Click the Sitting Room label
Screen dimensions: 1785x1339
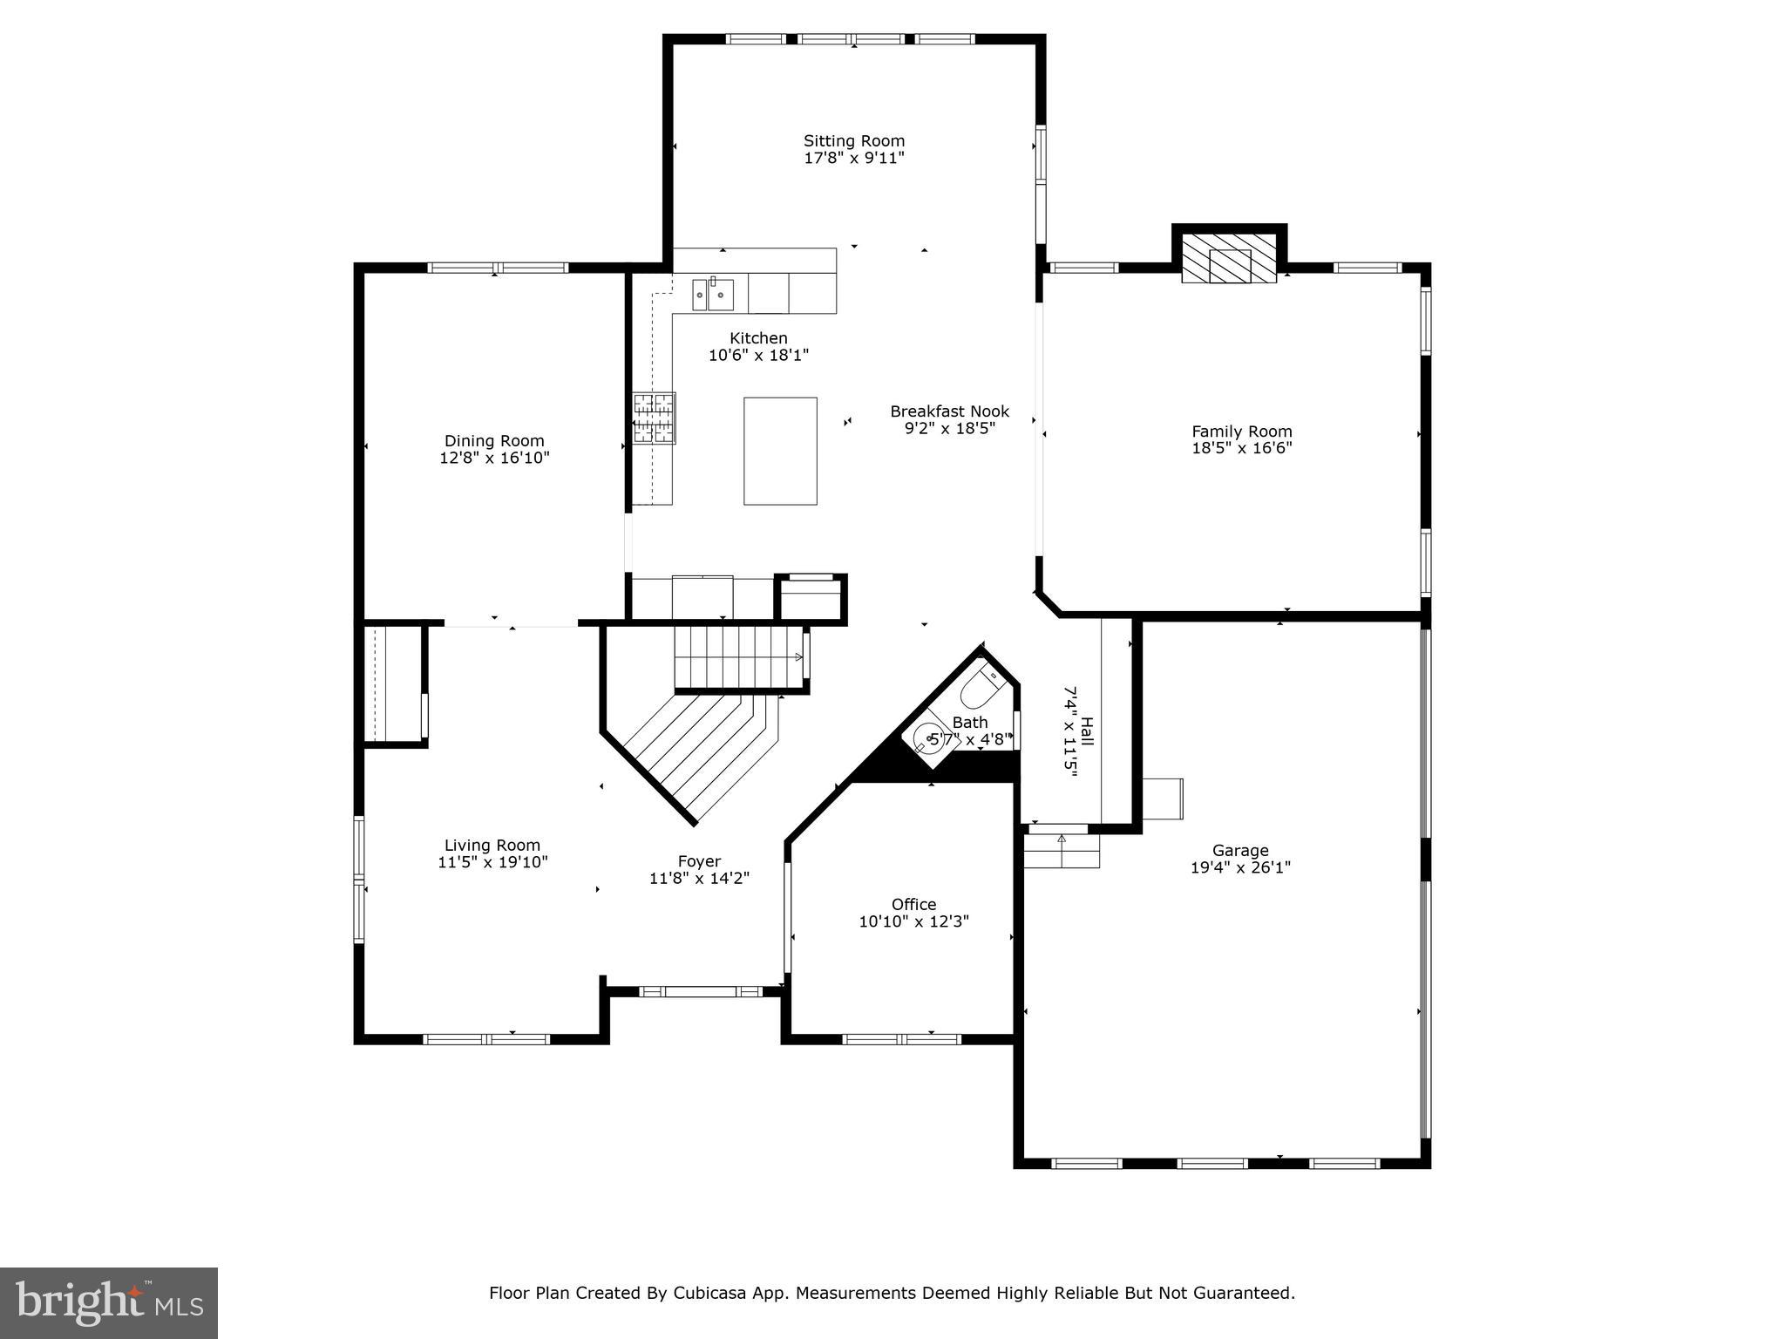tap(854, 140)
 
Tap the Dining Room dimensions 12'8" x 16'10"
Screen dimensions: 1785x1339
tap(494, 458)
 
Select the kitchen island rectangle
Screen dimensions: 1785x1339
tap(780, 451)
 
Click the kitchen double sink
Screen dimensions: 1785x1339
tap(713, 295)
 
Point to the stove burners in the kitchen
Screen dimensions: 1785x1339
tap(654, 418)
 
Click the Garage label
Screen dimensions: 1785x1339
tap(1240, 850)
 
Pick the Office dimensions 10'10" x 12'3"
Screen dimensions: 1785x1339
tap(913, 921)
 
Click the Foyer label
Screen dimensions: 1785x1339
tap(699, 861)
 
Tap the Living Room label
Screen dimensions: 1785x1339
tap(492, 845)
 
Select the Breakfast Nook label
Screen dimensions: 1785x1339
tap(949, 411)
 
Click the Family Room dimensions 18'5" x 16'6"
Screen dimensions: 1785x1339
tap(1241, 448)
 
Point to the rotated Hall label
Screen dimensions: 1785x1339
tap(1087, 730)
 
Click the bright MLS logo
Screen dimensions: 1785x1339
tap(109, 1303)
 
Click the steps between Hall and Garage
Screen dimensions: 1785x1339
tap(1061, 851)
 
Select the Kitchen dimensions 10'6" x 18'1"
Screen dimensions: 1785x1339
tap(758, 355)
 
